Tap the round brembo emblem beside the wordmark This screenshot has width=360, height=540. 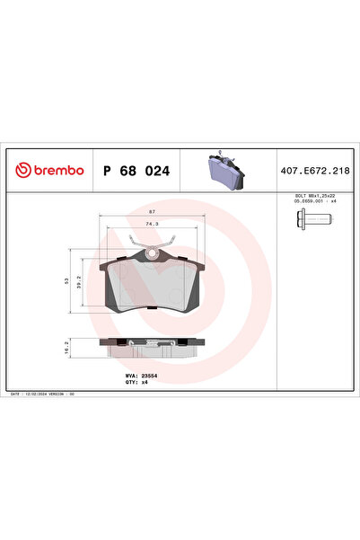20,169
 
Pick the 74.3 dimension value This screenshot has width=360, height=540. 151,225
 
